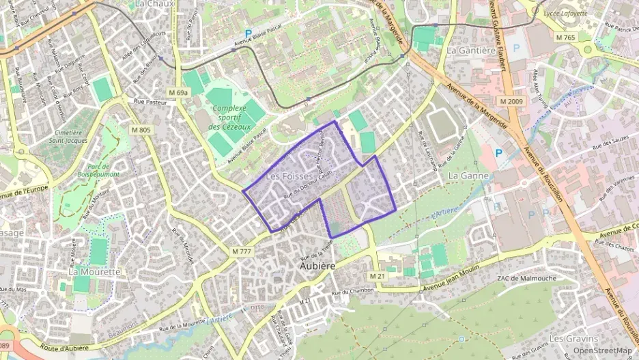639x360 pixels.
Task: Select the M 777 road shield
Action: pyautogui.click(x=242, y=251)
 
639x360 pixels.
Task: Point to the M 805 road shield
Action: pyautogui.click(x=141, y=130)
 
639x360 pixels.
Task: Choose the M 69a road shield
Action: pyautogui.click(x=178, y=92)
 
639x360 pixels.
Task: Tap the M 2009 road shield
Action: pyautogui.click(x=511, y=101)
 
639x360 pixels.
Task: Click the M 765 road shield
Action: pyautogui.click(x=565, y=37)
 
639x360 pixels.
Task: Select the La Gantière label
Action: pyautogui.click(x=470, y=51)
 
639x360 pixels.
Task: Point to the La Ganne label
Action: pyautogui.click(x=468, y=176)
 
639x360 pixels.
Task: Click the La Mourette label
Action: pyautogui.click(x=94, y=271)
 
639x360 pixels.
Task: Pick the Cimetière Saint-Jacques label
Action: pyautogui.click(x=68, y=137)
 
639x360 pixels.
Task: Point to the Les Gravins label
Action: pyautogui.click(x=573, y=338)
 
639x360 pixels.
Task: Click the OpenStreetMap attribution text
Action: pyautogui.click(x=602, y=350)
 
